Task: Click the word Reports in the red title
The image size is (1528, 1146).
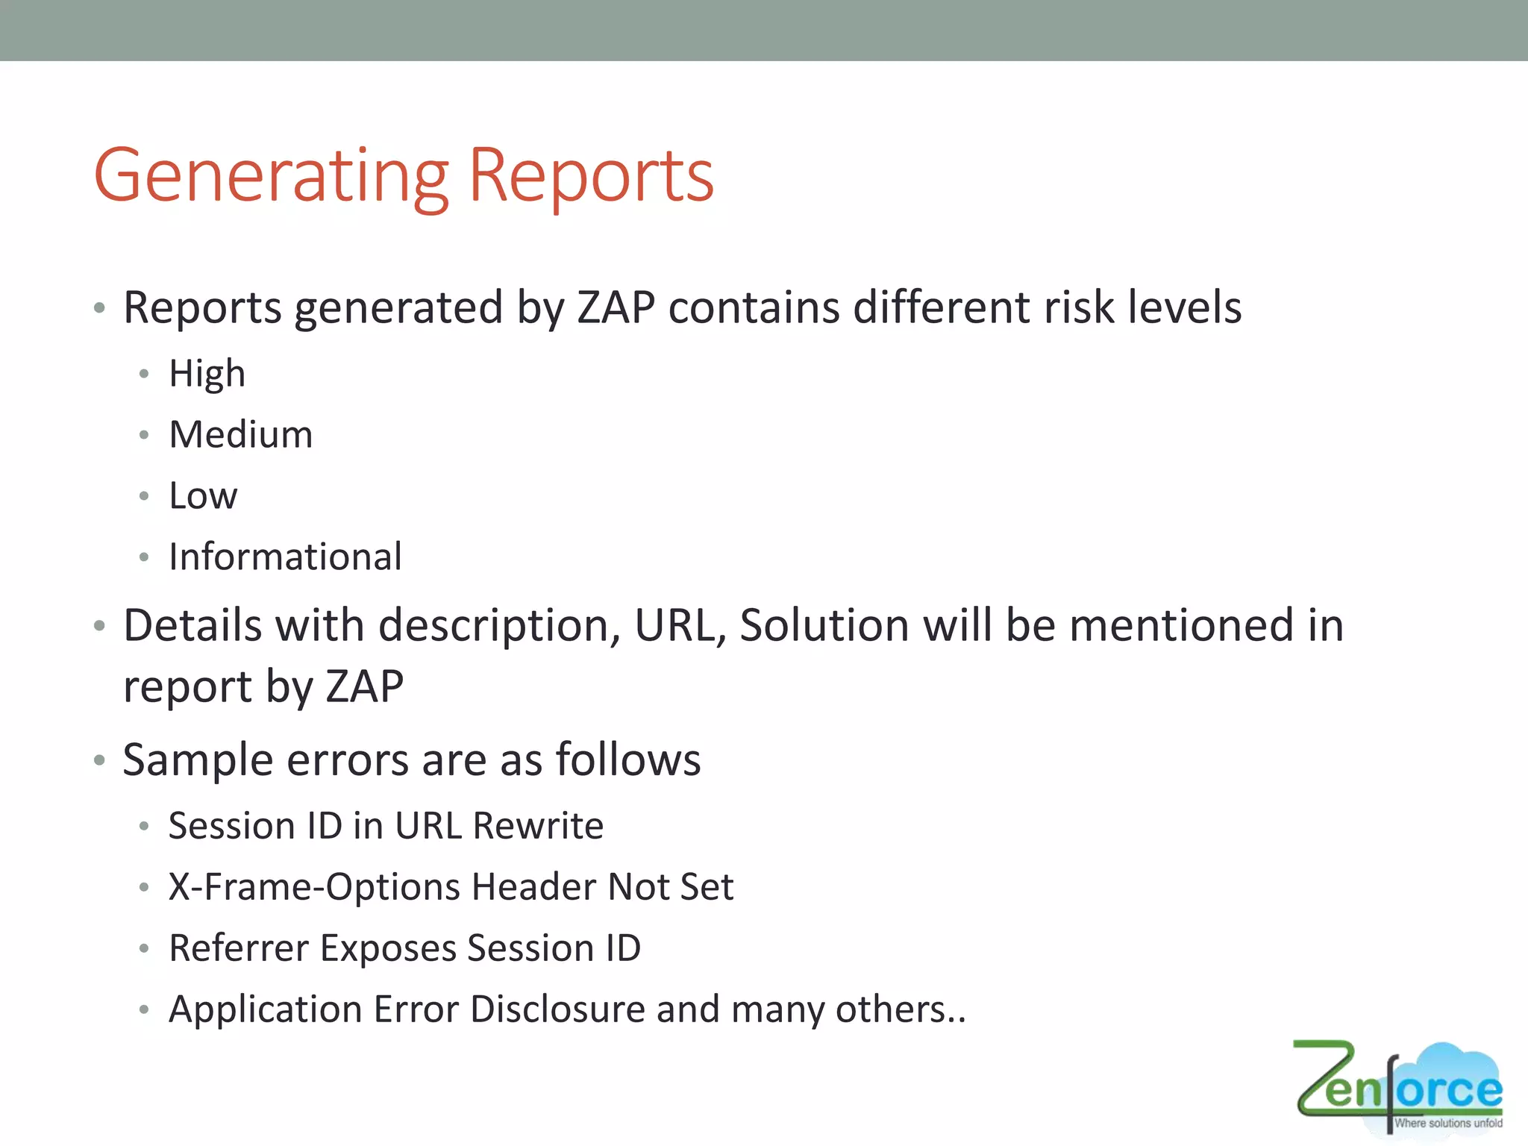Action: (590, 176)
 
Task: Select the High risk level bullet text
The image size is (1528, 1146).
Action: (207, 373)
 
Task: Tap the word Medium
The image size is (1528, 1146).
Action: (240, 434)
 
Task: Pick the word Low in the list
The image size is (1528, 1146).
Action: (203, 495)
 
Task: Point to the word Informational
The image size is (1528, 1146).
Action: (285, 557)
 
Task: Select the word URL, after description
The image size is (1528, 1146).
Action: (679, 625)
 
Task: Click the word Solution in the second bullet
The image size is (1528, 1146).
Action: (824, 625)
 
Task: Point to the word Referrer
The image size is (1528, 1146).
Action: (239, 948)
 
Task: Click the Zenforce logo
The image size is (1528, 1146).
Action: (1398, 1086)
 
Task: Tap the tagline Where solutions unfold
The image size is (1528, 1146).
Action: (1447, 1123)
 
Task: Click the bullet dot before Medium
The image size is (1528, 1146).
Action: (144, 435)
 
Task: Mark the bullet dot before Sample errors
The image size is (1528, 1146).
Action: (99, 761)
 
